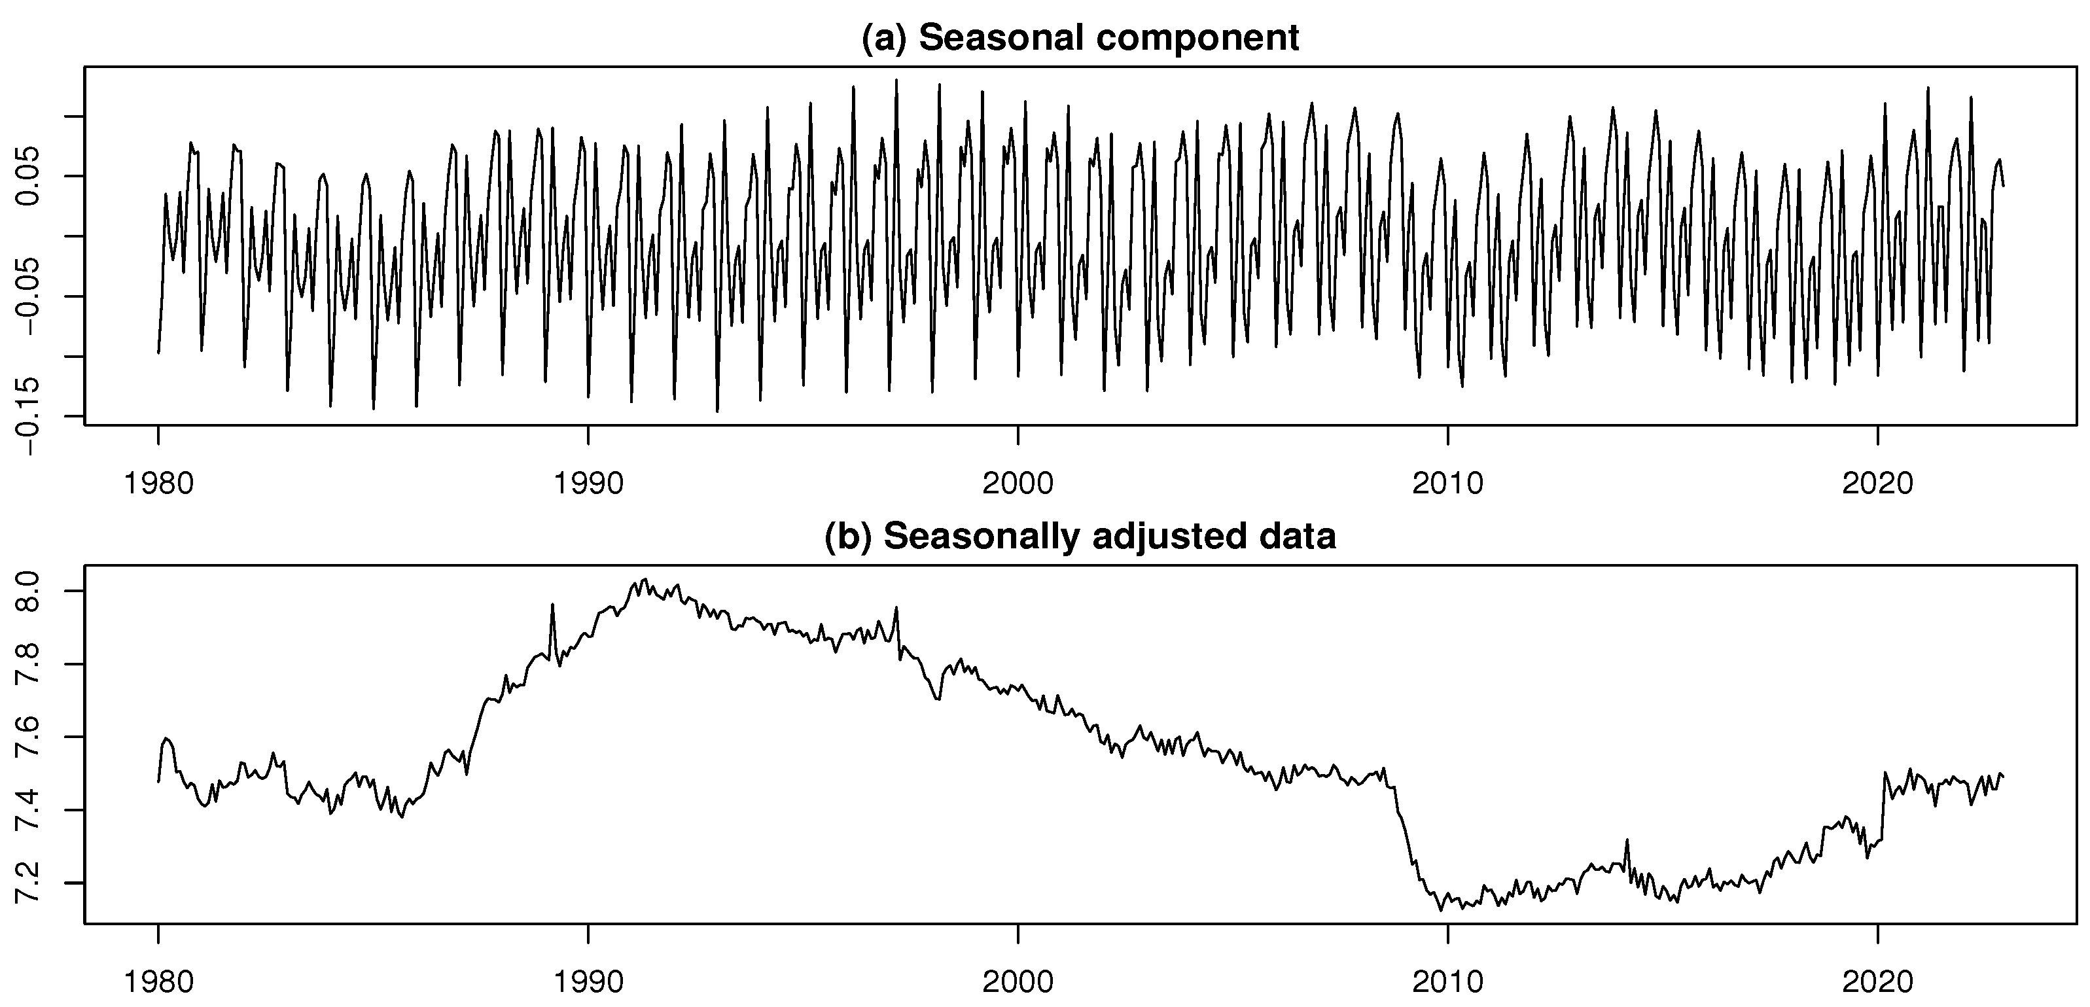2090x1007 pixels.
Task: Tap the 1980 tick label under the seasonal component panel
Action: tap(158, 484)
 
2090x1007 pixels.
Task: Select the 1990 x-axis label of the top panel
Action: tap(588, 484)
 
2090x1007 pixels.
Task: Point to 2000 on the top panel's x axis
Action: tap(1018, 484)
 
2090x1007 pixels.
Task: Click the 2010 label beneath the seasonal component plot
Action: tap(1447, 484)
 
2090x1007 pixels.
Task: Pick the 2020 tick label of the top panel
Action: tap(1877, 484)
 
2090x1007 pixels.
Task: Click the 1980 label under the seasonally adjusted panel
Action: tap(158, 982)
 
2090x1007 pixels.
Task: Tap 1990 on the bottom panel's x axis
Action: tap(588, 982)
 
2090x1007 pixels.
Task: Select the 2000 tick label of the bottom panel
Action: tap(1018, 982)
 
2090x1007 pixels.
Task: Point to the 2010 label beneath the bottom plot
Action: tap(1447, 982)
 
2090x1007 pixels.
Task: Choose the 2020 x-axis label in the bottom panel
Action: tap(1877, 982)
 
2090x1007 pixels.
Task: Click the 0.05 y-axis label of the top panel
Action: tap(30, 176)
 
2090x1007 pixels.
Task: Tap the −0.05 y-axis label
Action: tap(30, 296)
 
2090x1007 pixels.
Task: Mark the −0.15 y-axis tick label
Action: tap(30, 416)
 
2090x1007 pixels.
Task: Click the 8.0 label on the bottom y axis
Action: tap(30, 591)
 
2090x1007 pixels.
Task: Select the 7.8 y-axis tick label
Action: tap(30, 665)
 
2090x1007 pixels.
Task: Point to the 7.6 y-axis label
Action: tap(30, 737)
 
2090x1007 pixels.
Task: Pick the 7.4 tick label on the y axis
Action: tap(30, 810)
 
